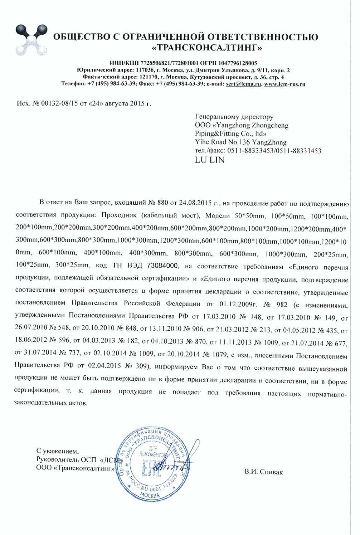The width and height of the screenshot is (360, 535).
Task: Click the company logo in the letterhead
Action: coord(31,40)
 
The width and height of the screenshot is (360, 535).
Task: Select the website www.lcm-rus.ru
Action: coord(284,84)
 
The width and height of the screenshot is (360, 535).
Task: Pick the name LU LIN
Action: coord(210,160)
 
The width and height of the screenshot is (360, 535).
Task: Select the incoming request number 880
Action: coord(162,203)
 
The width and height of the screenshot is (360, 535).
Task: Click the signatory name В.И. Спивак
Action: coord(263,472)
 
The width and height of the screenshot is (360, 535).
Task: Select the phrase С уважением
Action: coord(57,451)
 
